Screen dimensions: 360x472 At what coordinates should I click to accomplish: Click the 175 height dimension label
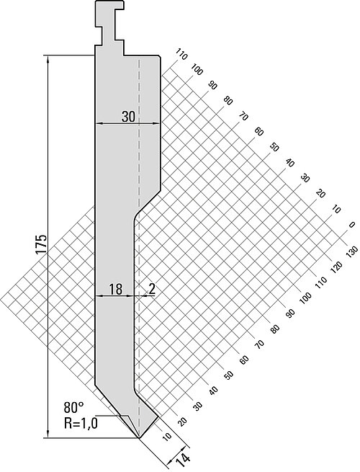41,244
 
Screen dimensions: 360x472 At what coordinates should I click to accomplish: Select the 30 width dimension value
128,117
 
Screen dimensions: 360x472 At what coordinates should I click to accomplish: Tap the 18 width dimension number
115,290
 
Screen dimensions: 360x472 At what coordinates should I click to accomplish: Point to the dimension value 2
152,290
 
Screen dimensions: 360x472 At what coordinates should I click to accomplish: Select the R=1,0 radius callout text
81,424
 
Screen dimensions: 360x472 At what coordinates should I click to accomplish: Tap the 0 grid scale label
351,225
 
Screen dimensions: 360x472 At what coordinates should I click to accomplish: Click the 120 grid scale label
336,266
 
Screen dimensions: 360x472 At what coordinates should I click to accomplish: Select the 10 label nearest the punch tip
166,436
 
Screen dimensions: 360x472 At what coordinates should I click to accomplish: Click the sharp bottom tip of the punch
139,437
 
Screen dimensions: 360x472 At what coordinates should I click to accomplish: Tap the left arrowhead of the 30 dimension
99,123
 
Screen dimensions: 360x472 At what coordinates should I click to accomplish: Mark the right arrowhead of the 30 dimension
156,123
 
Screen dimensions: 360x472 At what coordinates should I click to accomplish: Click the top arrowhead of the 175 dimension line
48,58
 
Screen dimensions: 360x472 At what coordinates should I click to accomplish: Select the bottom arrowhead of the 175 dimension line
48,435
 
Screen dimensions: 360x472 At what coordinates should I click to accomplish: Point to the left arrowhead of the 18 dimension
99,296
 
